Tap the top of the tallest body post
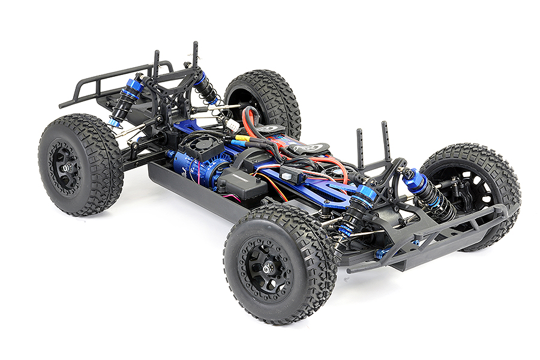pos(195,46)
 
